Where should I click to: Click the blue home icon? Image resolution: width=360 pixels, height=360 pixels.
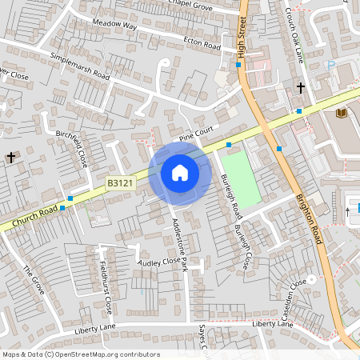pos(179,173)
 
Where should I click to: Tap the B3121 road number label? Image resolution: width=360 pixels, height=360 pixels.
pos(121,184)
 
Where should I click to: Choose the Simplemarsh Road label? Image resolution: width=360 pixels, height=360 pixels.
pos(79,66)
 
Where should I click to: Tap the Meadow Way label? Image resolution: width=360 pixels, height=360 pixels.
pos(114,26)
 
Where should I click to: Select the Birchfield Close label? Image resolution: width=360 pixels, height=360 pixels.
pos(72,148)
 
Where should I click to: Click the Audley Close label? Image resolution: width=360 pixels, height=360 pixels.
pos(158,262)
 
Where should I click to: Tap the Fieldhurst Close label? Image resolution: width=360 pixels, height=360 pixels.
pos(106,283)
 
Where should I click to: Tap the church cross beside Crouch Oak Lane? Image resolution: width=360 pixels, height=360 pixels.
pos(301,86)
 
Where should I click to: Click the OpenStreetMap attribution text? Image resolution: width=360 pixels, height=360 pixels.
pos(81,354)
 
